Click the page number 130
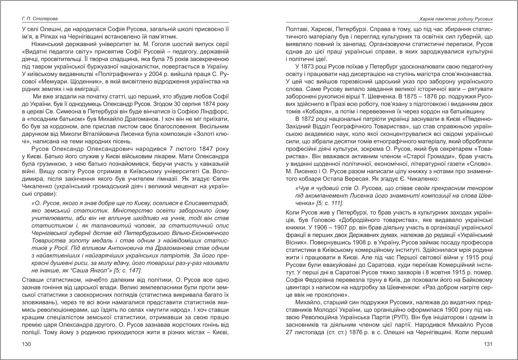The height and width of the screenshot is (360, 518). [27, 344]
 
